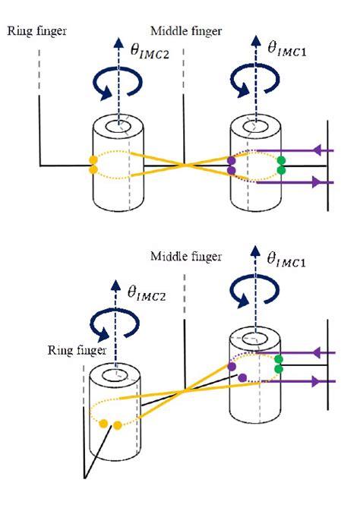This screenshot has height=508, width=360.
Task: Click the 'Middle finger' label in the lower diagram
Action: click(185, 257)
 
